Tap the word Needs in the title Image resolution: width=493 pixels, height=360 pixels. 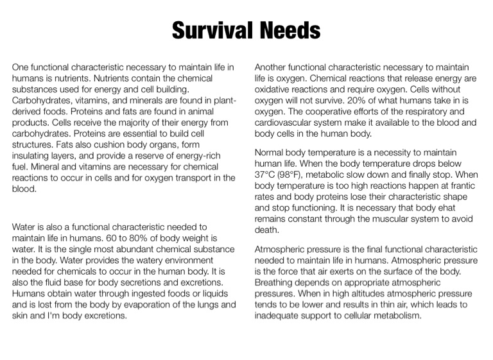coord(289,30)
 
